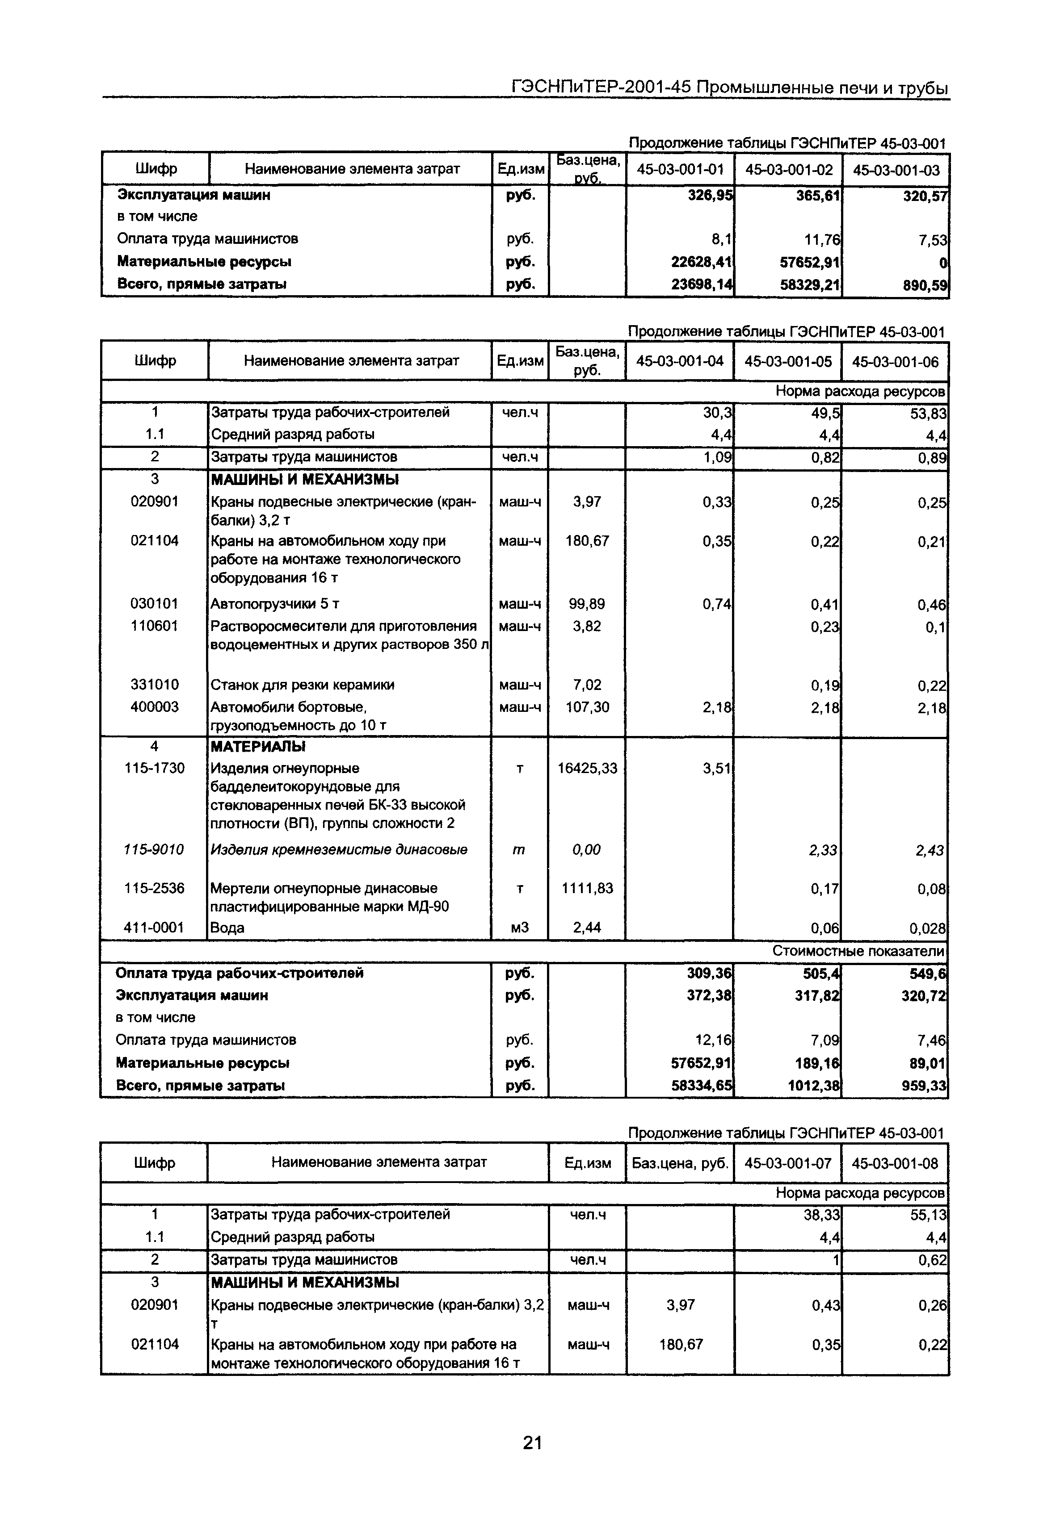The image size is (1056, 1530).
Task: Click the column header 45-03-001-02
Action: click(788, 170)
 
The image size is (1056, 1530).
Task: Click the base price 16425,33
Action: click(586, 768)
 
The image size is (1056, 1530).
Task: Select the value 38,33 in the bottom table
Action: click(821, 1215)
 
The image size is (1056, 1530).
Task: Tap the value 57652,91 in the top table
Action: click(810, 263)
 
